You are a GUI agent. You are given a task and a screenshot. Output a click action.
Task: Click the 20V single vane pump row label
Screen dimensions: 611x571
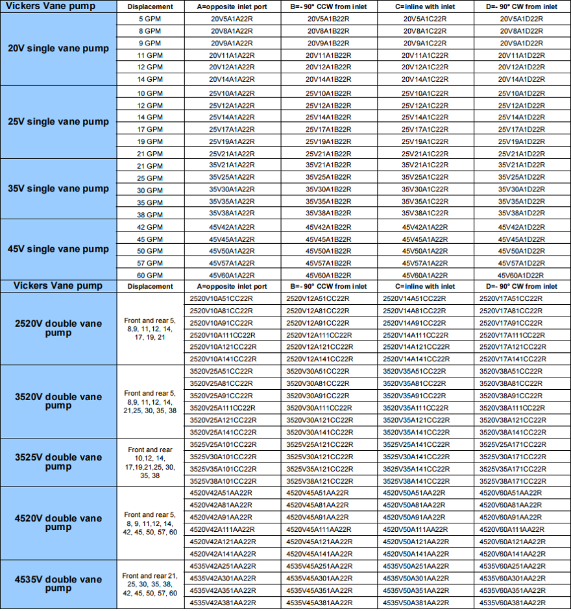coord(58,49)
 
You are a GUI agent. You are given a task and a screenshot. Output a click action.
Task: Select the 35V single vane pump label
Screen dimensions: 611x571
coord(58,189)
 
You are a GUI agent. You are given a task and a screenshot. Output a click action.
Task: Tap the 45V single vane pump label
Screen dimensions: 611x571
coord(58,249)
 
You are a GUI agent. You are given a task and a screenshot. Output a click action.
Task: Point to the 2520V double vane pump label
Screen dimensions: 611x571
coord(58,328)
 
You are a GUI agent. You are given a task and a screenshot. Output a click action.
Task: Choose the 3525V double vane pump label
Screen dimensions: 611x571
coord(58,462)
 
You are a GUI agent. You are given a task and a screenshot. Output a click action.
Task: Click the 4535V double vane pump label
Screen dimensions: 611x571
coord(58,584)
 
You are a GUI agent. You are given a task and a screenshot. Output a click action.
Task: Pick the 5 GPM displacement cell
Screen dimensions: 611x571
coord(150,19)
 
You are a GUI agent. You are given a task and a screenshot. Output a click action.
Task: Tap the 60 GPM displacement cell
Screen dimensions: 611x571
coord(150,275)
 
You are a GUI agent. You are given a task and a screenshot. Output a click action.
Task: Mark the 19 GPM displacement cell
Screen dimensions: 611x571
coord(150,141)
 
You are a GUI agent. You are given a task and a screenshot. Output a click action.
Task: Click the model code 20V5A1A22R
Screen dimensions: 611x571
coord(232,19)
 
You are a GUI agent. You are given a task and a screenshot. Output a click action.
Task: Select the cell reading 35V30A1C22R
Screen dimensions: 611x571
coord(424,189)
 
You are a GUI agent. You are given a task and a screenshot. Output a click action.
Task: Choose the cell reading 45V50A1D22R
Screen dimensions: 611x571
coord(521,251)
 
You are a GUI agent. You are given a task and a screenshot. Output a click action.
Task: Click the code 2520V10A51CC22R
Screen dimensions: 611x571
coord(222,298)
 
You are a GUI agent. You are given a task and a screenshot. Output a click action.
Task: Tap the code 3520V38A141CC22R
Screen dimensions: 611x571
coord(512,432)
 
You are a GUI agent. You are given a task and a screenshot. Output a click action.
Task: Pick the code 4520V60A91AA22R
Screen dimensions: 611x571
coord(512,517)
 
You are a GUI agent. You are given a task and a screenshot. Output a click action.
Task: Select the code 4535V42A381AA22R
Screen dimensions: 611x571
coord(222,603)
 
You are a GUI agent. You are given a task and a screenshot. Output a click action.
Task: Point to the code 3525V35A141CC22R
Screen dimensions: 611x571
coord(415,469)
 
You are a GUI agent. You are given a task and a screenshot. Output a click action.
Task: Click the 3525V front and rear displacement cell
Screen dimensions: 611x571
coord(150,462)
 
